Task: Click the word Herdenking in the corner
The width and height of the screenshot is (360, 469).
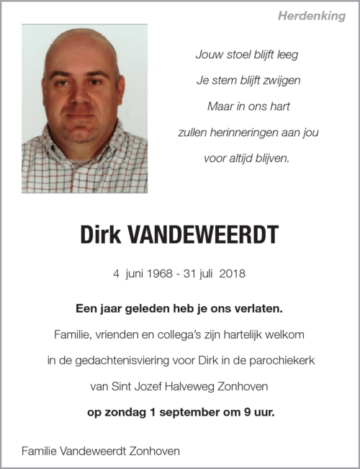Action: click(312, 16)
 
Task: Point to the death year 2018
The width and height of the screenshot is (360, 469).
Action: click(232, 274)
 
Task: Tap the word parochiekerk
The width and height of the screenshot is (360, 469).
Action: click(281, 360)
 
